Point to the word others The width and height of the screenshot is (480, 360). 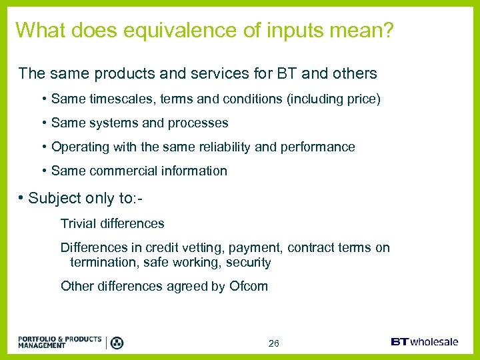pos(353,73)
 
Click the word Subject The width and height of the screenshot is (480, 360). pos(53,199)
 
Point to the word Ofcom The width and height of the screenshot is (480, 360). pos(249,287)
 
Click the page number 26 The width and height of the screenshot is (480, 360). pos(273,344)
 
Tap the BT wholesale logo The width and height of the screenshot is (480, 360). pos(424,342)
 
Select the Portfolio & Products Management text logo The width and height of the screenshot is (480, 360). pos(60,343)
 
